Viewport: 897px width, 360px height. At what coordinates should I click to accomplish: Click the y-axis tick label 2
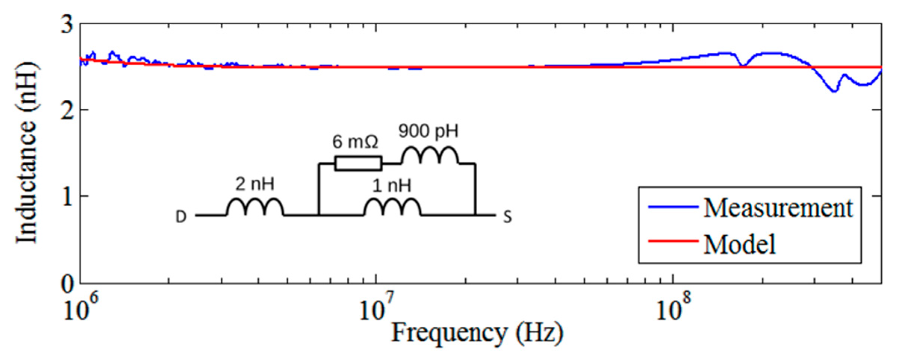[67, 111]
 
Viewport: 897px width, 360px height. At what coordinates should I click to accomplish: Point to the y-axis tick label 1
[68, 197]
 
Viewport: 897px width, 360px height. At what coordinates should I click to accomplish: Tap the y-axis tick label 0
[67, 284]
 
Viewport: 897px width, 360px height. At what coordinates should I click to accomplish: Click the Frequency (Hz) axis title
[477, 333]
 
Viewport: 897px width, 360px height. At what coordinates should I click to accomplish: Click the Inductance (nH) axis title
[27, 153]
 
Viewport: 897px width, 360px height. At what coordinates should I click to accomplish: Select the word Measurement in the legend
[778, 208]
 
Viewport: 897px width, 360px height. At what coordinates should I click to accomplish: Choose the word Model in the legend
[739, 245]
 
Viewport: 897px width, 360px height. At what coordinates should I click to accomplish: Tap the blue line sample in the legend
[673, 207]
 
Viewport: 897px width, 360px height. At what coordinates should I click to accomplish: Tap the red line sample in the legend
[673, 241]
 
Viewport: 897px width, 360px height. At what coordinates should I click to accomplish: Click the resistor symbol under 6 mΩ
[358, 164]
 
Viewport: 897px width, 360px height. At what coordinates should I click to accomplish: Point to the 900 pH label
[428, 131]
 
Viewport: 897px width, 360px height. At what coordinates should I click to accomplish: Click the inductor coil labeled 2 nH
[255, 207]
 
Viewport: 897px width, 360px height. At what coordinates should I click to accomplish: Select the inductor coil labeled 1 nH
[392, 207]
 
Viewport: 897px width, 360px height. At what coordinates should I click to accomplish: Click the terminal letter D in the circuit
[181, 217]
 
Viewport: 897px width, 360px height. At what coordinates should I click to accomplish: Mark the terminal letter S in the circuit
[507, 217]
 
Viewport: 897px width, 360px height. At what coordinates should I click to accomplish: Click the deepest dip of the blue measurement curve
[834, 91]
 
